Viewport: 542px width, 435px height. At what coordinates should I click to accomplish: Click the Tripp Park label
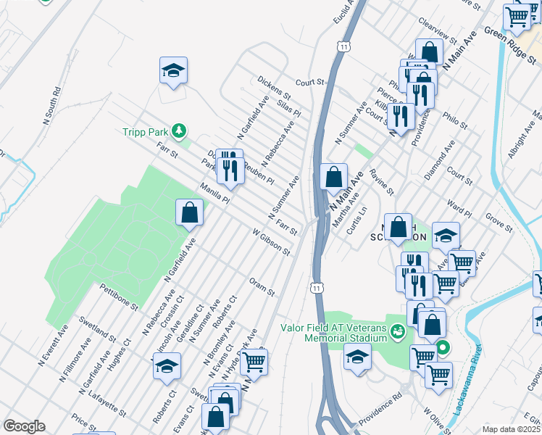(x=145, y=131)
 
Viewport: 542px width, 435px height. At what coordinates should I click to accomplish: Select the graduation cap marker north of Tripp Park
(x=173, y=71)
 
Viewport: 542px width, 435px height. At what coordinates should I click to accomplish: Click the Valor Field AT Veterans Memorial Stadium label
(x=335, y=332)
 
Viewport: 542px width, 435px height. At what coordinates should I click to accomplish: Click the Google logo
(x=24, y=426)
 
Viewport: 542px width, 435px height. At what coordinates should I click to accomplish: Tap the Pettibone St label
(x=119, y=297)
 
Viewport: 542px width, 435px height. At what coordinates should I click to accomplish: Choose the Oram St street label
(x=262, y=287)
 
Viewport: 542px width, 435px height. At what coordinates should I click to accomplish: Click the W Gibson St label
(x=271, y=244)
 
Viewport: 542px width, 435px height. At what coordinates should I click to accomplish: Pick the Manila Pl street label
(x=214, y=194)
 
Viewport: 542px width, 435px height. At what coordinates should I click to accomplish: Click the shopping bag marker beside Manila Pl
(x=189, y=212)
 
